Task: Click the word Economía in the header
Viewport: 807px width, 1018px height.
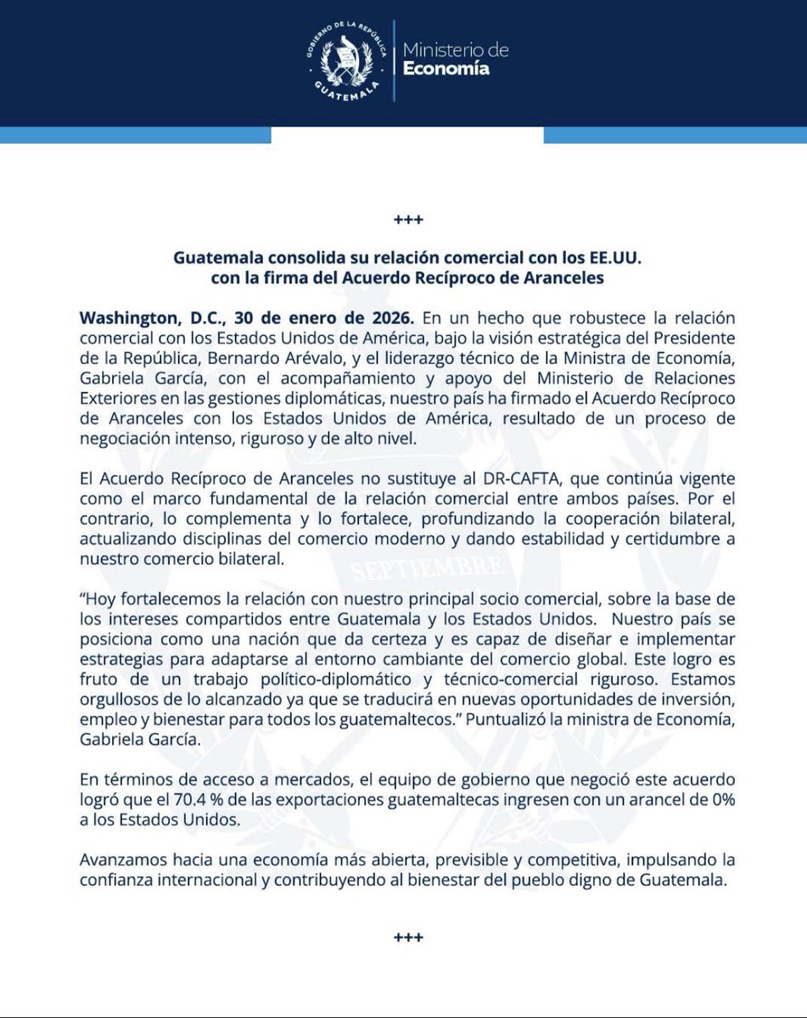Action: point(457,70)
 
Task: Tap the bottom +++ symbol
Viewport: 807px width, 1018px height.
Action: point(403,939)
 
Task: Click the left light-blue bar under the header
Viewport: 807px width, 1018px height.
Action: point(132,135)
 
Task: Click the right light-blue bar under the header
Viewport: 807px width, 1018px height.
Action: point(675,135)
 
